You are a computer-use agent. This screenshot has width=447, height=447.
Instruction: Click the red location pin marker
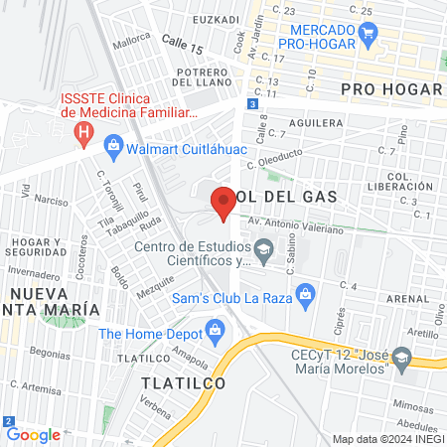223,204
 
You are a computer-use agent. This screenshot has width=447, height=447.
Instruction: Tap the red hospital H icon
84,131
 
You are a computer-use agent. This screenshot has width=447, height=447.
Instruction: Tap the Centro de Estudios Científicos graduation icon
263,248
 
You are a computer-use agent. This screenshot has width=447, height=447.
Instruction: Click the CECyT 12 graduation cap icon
401,357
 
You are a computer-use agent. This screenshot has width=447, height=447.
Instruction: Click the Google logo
33,434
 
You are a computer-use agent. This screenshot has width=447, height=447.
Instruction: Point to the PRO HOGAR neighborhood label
390,89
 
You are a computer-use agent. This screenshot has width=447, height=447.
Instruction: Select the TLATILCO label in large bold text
183,382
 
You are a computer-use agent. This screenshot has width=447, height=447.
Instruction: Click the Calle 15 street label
182,48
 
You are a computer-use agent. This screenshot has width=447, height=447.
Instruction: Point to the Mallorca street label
131,44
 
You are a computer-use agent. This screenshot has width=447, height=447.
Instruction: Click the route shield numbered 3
254,103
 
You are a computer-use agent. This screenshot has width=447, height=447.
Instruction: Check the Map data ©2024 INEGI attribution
386,438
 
